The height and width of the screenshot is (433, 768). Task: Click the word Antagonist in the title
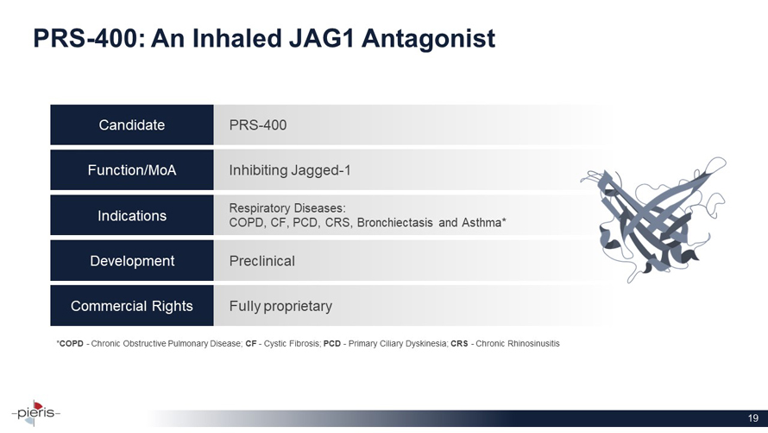pos(428,39)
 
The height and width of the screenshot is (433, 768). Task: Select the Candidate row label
pos(132,125)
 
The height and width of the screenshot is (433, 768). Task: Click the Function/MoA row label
pos(132,170)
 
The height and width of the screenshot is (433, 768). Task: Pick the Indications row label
pos(132,216)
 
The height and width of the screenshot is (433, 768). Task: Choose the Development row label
pos(132,261)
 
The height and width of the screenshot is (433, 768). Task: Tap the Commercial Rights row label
pos(132,306)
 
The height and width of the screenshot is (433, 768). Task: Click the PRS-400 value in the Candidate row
pos(258,125)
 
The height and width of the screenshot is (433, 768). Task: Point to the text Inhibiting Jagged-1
pos(290,170)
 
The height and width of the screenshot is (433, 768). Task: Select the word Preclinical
pos(262,261)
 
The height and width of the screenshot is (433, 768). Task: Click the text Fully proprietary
pos(280,307)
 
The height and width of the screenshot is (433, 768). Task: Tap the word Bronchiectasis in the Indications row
pos(394,223)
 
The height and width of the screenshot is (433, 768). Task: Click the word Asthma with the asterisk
pos(482,223)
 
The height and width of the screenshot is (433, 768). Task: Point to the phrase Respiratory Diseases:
pos(287,208)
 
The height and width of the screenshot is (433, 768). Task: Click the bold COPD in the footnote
pos(71,344)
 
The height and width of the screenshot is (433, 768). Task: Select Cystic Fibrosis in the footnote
pos(293,344)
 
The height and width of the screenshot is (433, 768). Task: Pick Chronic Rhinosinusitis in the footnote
pos(518,344)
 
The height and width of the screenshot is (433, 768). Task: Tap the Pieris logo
pos(35,413)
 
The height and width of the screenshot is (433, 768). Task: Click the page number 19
pos(752,418)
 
